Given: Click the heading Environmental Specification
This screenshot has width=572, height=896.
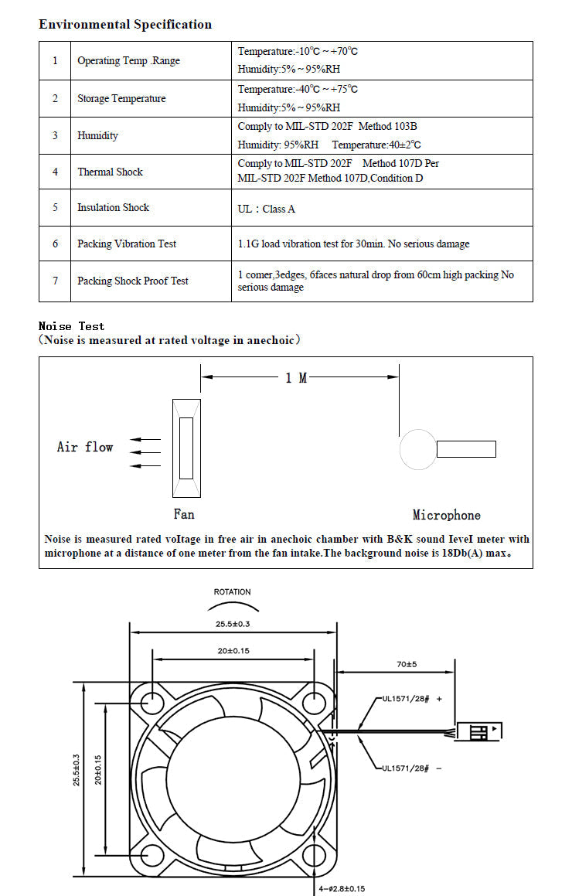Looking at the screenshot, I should (x=125, y=25).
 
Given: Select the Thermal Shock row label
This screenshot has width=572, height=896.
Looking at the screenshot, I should (x=110, y=172).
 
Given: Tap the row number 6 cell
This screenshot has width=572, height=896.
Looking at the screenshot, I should (x=56, y=244).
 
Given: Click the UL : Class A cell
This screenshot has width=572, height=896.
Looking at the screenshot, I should (x=266, y=209).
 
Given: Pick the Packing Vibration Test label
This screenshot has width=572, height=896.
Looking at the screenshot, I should (x=127, y=244).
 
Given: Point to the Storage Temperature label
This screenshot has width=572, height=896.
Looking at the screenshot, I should (x=121, y=98).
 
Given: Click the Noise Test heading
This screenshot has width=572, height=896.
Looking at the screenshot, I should (x=71, y=326).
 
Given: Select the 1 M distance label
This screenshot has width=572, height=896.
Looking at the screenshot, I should (x=296, y=378).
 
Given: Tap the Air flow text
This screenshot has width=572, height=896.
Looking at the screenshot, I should (x=85, y=447).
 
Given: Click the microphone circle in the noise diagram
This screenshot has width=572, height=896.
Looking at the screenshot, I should (x=417, y=449).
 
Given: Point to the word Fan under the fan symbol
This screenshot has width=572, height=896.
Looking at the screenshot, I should (x=184, y=514).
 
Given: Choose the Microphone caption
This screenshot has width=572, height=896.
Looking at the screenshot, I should (x=446, y=515).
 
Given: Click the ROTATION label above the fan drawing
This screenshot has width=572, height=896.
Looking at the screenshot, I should (x=232, y=592).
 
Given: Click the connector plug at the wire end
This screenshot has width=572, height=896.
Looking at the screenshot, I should (x=480, y=731).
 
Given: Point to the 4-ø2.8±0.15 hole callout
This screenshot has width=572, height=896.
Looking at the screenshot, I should (x=342, y=889).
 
